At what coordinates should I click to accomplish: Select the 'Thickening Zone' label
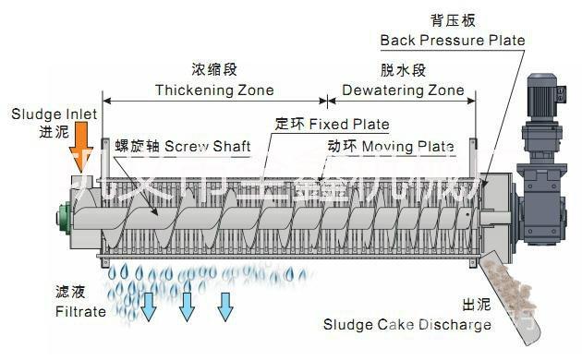(214, 90)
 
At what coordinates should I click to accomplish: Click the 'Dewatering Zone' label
(403, 90)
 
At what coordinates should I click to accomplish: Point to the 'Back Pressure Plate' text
(453, 41)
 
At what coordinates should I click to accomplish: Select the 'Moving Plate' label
(405, 147)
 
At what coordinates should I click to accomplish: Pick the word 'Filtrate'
(79, 311)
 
